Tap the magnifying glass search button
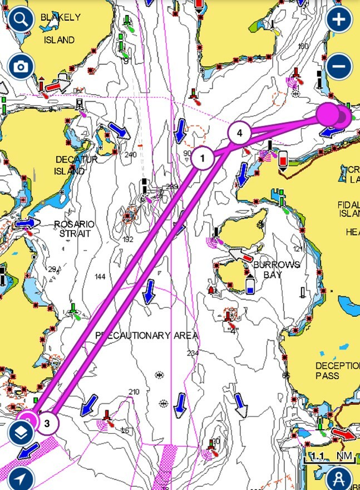coord(21,20)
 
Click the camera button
coord(21,67)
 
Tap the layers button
coord(21,431)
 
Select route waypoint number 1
coord(203,159)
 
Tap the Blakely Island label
coord(60,28)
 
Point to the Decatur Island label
coord(77,165)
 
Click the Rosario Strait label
coord(74,229)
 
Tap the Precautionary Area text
coord(146,335)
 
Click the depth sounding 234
coord(193,353)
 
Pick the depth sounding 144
coord(100,277)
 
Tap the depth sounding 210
coord(134,392)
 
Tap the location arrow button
coord(21,478)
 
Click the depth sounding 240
coord(131,155)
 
